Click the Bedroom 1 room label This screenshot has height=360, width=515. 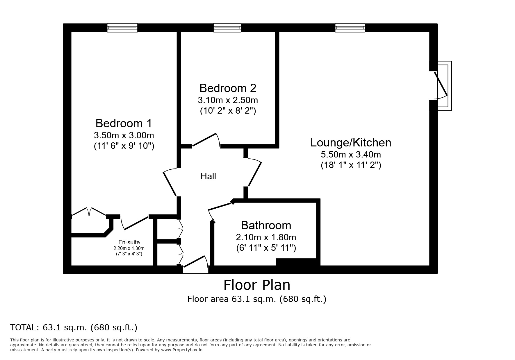124,123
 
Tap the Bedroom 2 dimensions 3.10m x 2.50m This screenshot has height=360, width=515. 228,100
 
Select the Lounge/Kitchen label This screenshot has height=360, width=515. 351,143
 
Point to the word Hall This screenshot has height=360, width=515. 208,176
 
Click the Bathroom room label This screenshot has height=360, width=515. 266,225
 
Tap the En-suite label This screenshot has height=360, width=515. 129,242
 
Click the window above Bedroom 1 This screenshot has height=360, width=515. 122,28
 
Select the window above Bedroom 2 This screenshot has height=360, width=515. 227,28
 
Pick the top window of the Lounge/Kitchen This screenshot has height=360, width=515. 350,28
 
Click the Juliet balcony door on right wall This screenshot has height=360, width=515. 441,85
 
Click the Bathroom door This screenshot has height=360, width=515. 220,207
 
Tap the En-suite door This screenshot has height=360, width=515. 135,223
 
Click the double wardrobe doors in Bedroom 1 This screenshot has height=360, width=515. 89,212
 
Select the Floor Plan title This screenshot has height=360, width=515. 257,285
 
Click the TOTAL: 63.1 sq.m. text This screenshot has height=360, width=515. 74,327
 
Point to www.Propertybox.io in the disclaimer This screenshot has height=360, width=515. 182,350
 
